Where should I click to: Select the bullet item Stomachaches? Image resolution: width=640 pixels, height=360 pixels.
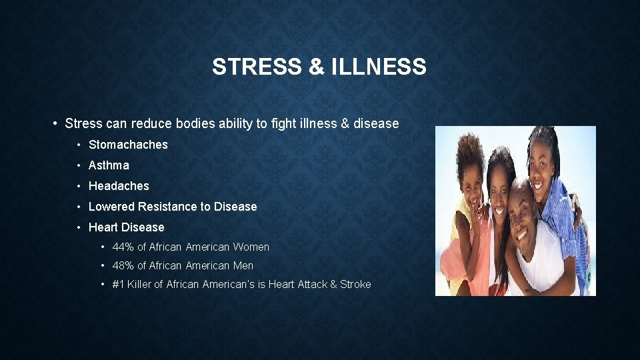pos(128,145)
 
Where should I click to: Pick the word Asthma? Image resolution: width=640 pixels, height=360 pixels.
pos(109,165)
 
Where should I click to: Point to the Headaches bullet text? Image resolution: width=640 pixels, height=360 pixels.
pos(119,186)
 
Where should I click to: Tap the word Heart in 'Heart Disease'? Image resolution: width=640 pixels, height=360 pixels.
pos(103,227)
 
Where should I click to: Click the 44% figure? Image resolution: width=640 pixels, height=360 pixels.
pos(123,247)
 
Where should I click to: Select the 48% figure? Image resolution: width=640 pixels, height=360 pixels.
pos(123,266)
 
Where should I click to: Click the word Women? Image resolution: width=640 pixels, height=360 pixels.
pos(251,247)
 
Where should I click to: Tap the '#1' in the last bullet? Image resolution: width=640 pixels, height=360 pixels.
pos(119,285)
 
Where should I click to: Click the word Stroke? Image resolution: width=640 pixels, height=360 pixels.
pos(355,285)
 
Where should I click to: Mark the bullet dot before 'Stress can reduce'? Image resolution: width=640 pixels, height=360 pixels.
pos(55,124)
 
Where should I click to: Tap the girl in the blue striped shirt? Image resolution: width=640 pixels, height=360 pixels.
pos(557,187)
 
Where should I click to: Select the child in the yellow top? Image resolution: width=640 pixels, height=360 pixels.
pos(467,213)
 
